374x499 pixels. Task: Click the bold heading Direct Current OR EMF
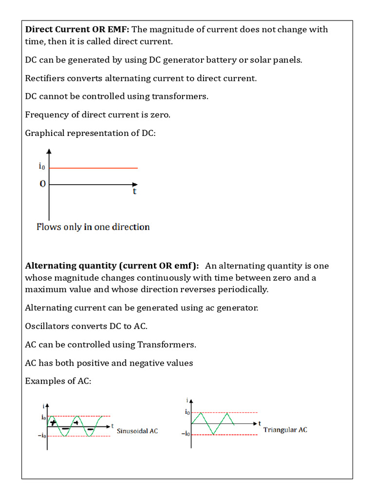tap(77, 29)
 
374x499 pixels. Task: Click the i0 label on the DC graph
tap(42, 167)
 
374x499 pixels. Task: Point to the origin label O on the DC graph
tap(43, 184)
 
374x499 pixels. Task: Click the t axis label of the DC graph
tap(135, 192)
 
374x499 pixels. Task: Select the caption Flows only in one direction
tap(93, 227)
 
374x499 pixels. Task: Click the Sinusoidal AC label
tap(138, 431)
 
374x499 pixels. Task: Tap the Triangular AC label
tap(285, 430)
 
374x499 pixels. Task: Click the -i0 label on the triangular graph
tap(185, 433)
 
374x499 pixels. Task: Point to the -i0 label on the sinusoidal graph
tap(41, 436)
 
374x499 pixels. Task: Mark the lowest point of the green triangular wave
tap(213, 434)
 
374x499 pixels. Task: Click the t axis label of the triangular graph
tap(260, 422)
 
